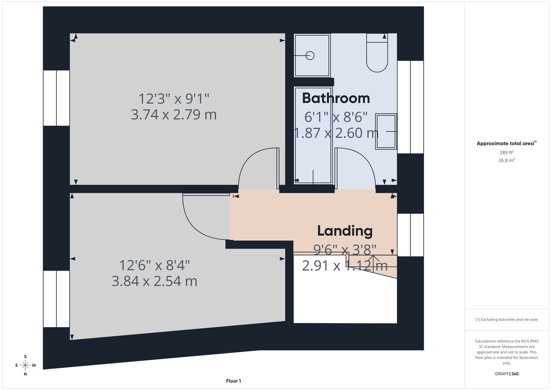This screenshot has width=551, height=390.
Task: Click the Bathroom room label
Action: point(336,98)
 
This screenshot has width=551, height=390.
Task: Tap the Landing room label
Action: point(345,231)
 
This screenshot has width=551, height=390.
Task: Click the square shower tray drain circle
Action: point(310,56)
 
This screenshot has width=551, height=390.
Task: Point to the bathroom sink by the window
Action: point(386,132)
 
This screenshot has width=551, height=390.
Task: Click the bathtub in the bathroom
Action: point(313,136)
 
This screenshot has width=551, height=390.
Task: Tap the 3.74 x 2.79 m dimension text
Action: point(174,114)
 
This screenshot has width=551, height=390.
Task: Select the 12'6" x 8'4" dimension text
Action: point(154,265)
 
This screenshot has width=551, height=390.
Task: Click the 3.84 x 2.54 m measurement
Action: point(154,281)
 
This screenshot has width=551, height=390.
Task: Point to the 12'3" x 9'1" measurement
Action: point(174,98)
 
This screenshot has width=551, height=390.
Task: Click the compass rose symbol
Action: point(25,365)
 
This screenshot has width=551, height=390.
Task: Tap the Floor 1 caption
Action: point(233,381)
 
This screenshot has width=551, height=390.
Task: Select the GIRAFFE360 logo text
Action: point(506,374)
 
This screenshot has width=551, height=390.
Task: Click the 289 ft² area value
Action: point(506,152)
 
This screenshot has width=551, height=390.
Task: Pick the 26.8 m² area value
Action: point(506,160)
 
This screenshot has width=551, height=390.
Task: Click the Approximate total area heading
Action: point(506,143)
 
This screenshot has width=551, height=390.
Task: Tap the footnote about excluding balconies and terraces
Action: point(506,319)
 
